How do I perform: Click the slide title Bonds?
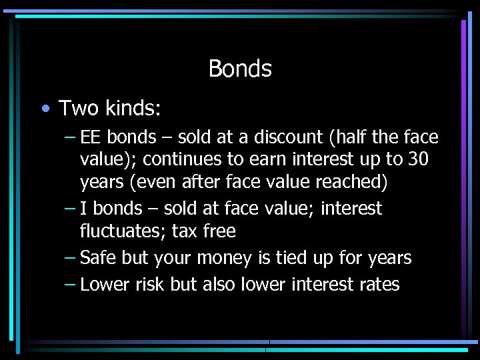point(240,69)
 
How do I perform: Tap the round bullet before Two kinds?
point(44,107)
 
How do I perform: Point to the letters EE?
point(91,137)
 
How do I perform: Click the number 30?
point(417,161)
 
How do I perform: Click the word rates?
point(378,285)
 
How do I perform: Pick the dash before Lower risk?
point(70,285)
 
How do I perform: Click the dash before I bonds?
point(70,209)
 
